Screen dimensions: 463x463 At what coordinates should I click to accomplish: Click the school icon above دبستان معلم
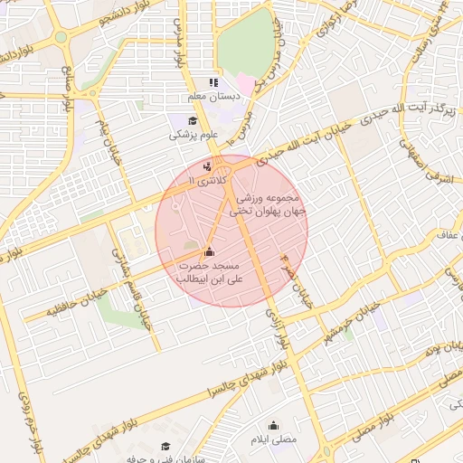(x=213, y=82)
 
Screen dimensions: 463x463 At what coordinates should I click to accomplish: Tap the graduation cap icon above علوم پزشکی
(x=192, y=121)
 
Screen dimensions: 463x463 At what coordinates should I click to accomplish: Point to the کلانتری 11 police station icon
(x=208, y=165)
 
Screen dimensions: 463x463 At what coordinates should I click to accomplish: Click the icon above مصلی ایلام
(x=273, y=425)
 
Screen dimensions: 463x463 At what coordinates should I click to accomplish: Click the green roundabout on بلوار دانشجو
(x=61, y=38)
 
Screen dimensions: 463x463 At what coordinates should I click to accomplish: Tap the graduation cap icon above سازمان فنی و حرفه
(x=165, y=446)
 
